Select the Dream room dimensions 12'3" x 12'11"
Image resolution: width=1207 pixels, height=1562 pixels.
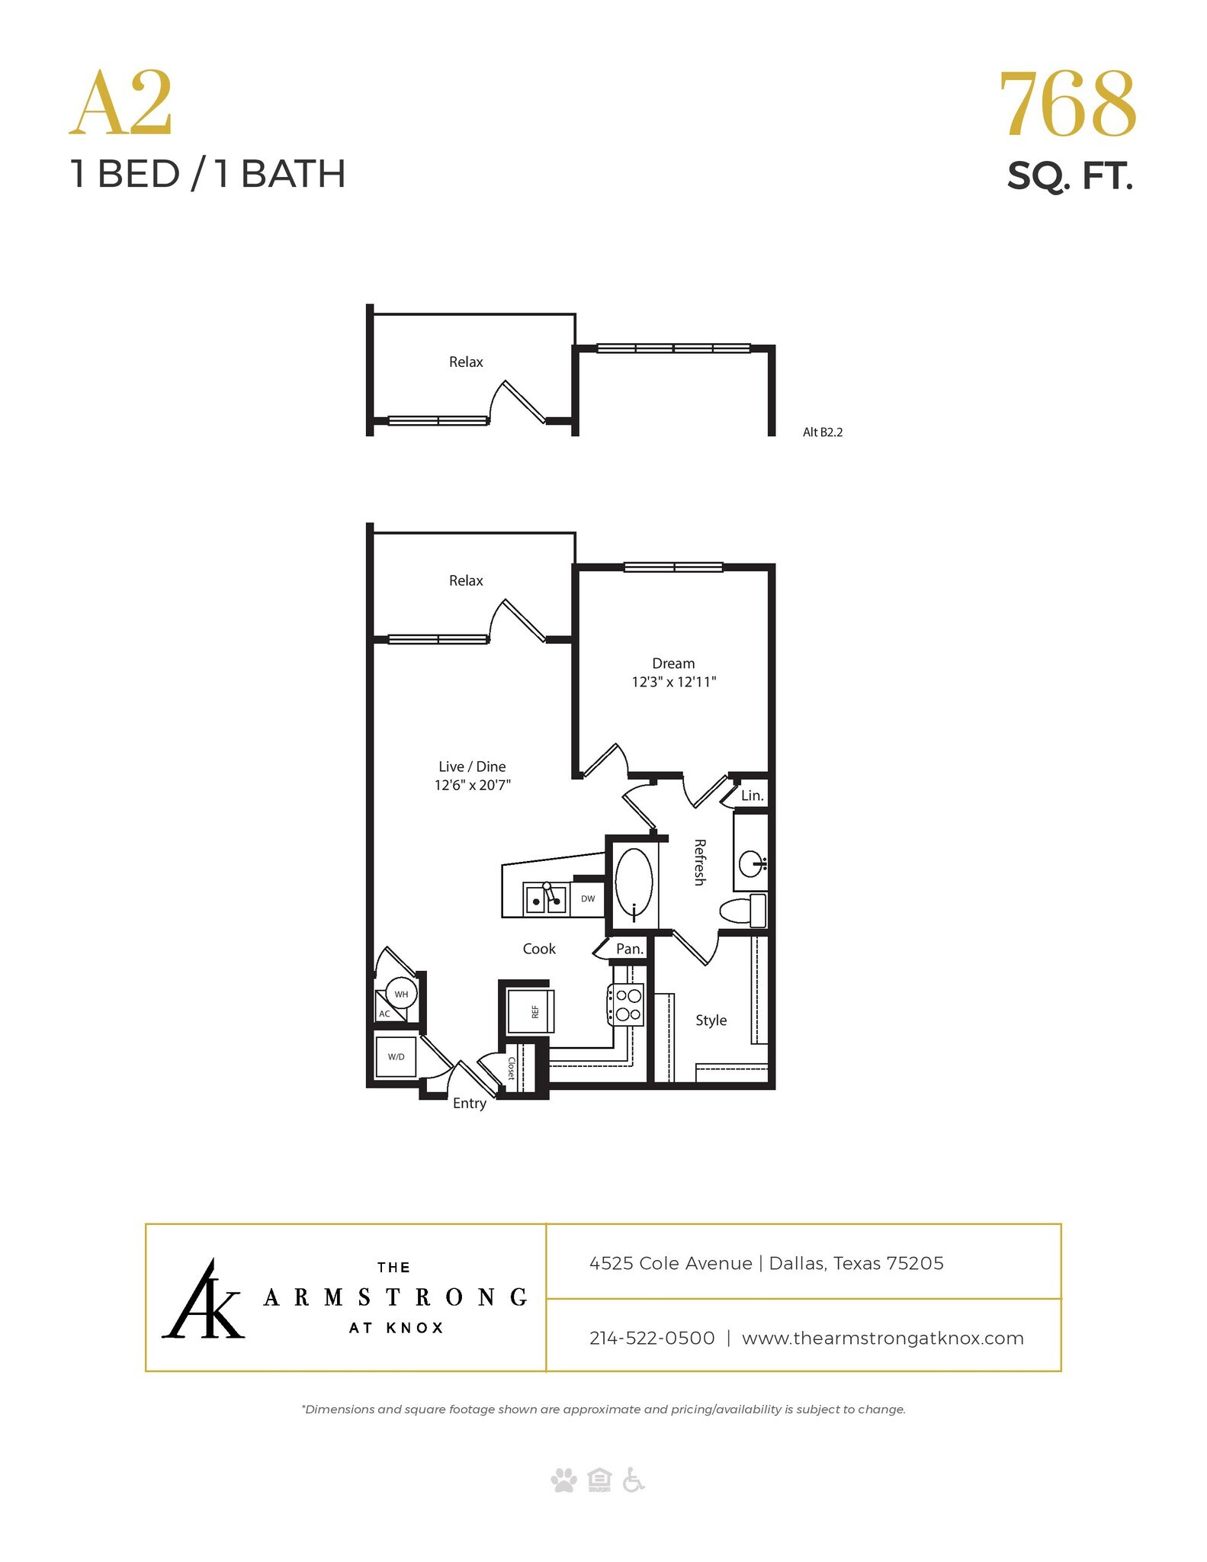coord(673,682)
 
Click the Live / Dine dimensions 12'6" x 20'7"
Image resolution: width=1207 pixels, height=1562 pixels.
coord(472,785)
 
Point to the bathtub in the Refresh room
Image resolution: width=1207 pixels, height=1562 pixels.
coord(634,882)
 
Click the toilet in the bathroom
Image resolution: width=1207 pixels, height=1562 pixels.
coord(742,911)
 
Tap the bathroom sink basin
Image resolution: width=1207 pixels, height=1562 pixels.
coord(752,863)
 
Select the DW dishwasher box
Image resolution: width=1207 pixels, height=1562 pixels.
coord(588,898)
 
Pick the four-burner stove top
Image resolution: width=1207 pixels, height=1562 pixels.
coord(626,1004)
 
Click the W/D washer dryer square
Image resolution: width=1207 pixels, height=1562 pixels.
coord(396,1056)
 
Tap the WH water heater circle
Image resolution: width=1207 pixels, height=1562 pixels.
coord(401,994)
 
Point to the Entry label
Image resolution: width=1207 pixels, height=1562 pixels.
coord(469,1104)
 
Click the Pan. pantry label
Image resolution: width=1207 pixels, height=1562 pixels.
coord(630,950)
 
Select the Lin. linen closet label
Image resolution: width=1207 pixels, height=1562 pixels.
coord(752,795)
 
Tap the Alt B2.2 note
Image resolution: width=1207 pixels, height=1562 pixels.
coord(822,432)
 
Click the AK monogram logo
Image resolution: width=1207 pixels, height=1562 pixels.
coord(203,1300)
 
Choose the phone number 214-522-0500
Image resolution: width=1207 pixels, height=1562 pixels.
coord(652,1338)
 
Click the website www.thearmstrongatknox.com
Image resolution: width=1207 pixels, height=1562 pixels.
coord(882,1338)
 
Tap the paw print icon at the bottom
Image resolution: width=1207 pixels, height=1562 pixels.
coord(563,1481)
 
